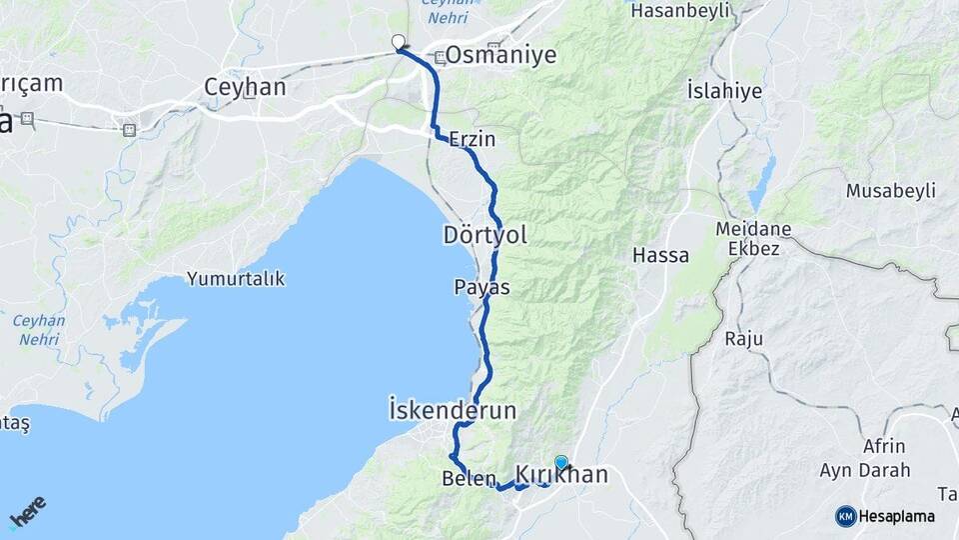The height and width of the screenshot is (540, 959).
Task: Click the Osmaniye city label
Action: tap(500, 55)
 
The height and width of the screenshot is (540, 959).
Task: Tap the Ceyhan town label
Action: tap(245, 87)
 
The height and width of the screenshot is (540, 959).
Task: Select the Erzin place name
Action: tap(473, 139)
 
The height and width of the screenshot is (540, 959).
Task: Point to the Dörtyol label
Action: tap(484, 235)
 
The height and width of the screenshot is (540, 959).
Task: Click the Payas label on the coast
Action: tap(481, 287)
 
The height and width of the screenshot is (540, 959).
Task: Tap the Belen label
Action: tap(463, 479)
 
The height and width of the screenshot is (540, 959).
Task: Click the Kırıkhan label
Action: tap(561, 475)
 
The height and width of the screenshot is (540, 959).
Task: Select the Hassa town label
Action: tap(660, 255)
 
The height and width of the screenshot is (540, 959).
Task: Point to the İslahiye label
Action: tap(724, 91)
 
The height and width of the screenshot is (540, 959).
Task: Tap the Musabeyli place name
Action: tap(889, 190)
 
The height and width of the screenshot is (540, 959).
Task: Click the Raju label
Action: tap(743, 339)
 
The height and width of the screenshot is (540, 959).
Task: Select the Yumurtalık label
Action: tap(236, 279)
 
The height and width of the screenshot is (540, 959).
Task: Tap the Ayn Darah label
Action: tap(864, 469)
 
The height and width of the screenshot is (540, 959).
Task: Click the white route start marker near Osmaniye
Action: tap(399, 42)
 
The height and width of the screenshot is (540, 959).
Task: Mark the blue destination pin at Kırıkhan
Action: tap(560, 463)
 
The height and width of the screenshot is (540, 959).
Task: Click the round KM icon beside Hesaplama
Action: tap(845, 516)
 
